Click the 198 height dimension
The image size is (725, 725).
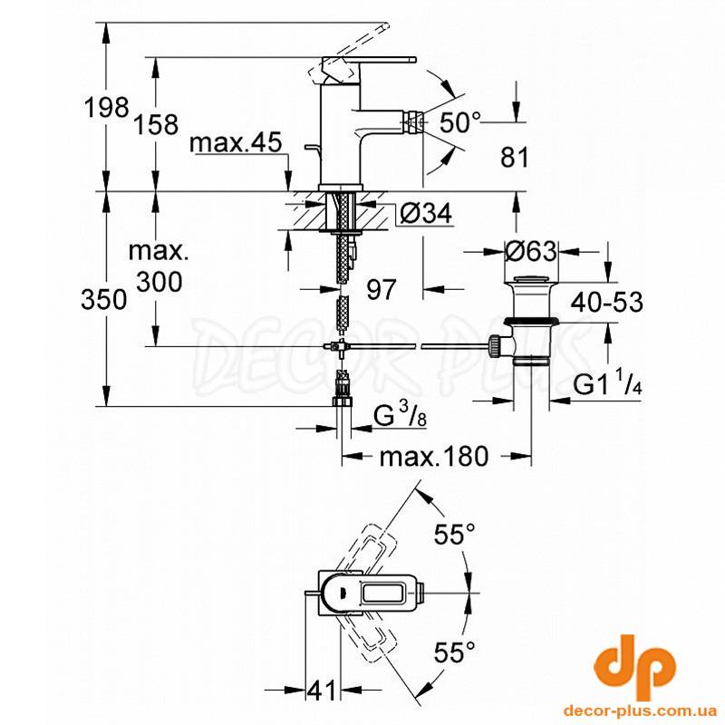[106, 108]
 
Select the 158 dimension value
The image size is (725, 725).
[156, 124]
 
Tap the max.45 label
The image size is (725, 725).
[236, 142]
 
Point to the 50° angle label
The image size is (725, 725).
[459, 122]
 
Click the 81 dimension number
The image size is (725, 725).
[514, 157]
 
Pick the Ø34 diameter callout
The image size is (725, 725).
[426, 213]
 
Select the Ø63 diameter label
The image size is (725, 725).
[531, 251]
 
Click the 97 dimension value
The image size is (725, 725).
[382, 289]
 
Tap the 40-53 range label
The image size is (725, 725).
[606, 303]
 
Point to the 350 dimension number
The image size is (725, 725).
[103, 299]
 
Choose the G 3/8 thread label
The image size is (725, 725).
[400, 414]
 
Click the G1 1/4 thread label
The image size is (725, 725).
[607, 382]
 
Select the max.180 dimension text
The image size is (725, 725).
[434, 457]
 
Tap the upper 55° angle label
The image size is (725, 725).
[455, 535]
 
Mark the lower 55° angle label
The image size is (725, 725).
[455, 652]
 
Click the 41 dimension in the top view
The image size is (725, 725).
[322, 691]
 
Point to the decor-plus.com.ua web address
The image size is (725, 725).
[641, 710]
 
